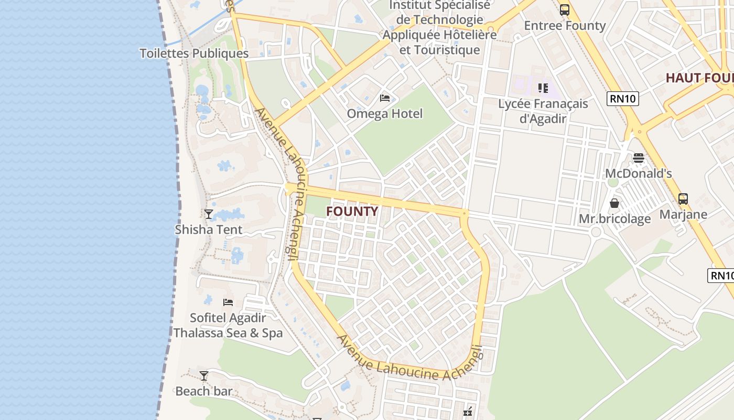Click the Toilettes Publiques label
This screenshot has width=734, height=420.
pos(194,54)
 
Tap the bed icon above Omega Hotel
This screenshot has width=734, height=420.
pos(385,98)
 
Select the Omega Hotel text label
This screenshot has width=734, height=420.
pos(385,113)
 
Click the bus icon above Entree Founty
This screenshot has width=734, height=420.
pos(565,10)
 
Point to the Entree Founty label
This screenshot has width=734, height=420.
pos(565,26)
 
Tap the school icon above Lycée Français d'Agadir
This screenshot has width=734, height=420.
pos(543,88)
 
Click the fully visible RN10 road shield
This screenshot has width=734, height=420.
pos(623,98)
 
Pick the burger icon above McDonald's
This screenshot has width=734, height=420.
pos(639,157)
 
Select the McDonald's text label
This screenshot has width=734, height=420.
pos(639,173)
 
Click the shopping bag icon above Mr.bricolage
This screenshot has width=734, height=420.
pos(614,203)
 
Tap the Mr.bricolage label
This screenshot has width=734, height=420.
pos(614,218)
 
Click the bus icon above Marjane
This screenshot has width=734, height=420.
pos(683,199)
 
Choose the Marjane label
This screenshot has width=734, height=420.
pos(683,214)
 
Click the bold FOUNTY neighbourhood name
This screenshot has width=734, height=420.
pos(352,212)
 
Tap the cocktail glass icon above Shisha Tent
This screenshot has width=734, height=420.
pos(209,214)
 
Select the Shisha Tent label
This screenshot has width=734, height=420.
pos(209,229)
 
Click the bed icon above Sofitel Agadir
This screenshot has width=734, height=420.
pos(228,302)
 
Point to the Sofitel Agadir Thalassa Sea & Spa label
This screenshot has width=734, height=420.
pos(228,325)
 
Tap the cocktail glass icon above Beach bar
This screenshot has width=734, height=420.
pos(204,375)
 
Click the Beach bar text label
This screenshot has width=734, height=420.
pos(204,391)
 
